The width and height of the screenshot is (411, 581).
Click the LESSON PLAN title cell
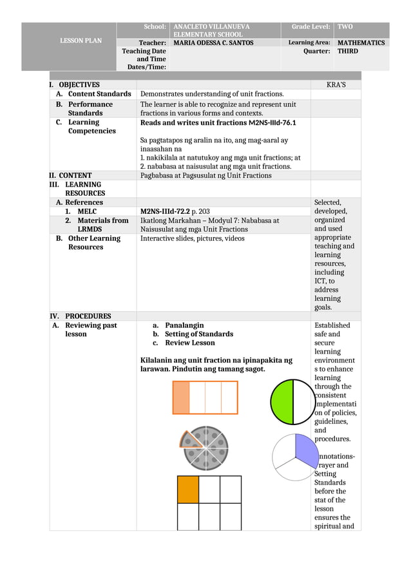[81, 41]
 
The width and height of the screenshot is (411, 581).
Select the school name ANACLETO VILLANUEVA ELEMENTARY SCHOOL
[208, 30]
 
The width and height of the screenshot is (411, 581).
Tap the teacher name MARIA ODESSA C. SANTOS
[213, 43]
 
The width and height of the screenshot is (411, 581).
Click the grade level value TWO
[345, 27]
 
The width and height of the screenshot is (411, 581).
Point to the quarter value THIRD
[348, 52]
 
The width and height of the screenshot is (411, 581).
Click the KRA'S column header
[336, 85]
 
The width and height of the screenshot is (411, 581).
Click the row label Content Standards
[99, 94]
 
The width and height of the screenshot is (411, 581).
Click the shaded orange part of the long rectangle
[181, 397]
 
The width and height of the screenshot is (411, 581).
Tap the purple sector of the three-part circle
[306, 446]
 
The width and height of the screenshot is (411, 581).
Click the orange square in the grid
[188, 490]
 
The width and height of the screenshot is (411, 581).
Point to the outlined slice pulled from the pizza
[189, 440]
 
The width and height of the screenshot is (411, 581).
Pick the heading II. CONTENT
[71, 175]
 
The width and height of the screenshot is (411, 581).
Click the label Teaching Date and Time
[146, 59]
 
